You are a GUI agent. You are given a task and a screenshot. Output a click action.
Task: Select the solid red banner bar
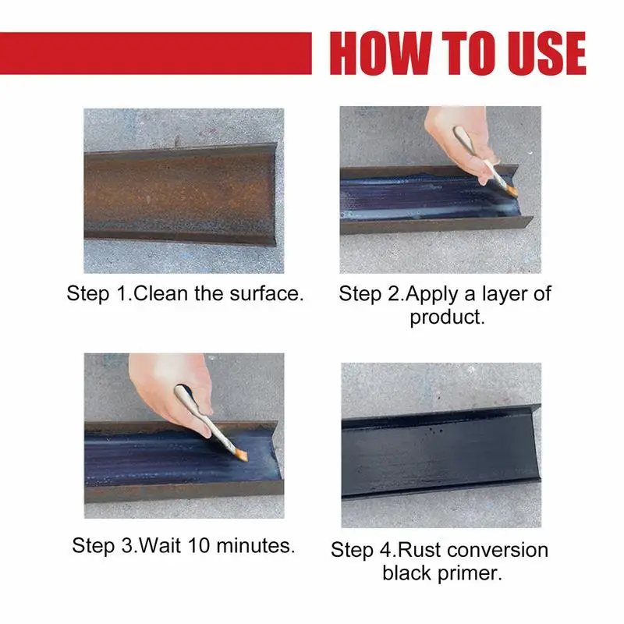pyautogui.click(x=155, y=53)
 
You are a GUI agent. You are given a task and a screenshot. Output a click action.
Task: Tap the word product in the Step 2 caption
pyautogui.click(x=445, y=317)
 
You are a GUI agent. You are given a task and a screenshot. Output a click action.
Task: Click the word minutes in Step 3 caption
pyautogui.click(x=253, y=545)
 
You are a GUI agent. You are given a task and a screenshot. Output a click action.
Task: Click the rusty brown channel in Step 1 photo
pyautogui.click(x=180, y=193)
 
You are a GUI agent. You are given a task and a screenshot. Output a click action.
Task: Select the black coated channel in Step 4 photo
pyautogui.click(x=441, y=452)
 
